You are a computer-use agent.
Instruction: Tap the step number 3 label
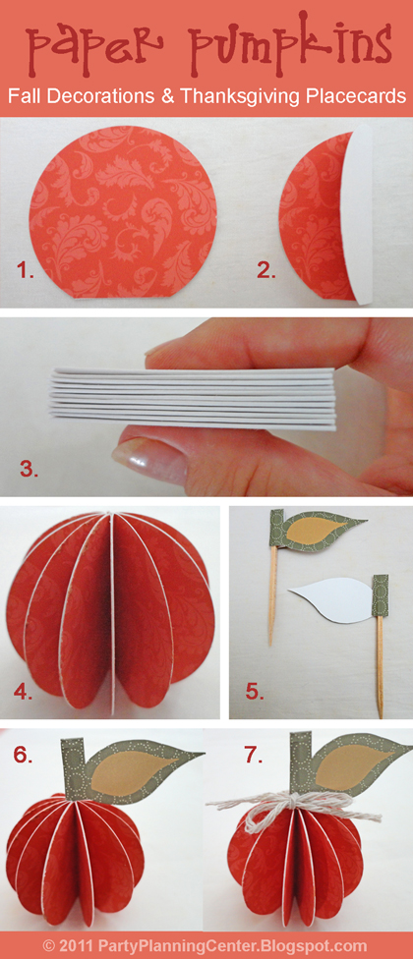pyautogui.click(x=29, y=469)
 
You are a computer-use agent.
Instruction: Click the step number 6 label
pyautogui.click(x=23, y=756)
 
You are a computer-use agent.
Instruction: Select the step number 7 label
pyautogui.click(x=253, y=756)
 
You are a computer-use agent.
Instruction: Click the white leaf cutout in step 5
pyautogui.click(x=330, y=601)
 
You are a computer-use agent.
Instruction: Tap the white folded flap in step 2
pyautogui.click(x=359, y=214)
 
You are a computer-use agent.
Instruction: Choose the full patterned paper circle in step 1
pyautogui.click(x=122, y=211)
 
